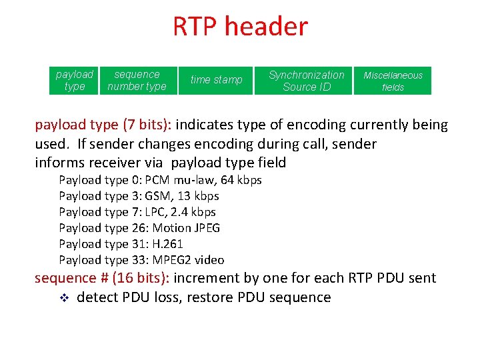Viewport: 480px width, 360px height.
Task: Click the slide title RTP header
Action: (x=240, y=27)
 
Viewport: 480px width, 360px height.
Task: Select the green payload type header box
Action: (x=74, y=81)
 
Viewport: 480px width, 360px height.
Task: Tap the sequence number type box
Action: (x=137, y=81)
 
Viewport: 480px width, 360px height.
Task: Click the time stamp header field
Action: (x=216, y=80)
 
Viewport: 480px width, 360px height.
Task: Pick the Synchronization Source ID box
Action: (x=306, y=81)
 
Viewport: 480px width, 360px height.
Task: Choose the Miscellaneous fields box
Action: (x=393, y=81)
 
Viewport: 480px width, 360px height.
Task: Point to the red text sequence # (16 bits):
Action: (x=104, y=278)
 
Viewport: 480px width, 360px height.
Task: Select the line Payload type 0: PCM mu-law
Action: (x=160, y=180)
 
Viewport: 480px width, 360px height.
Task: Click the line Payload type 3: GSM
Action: (x=139, y=196)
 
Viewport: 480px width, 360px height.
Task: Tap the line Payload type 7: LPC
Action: (x=137, y=212)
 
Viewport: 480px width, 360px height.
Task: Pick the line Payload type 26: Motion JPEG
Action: (x=139, y=228)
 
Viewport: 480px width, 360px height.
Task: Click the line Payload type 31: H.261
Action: (x=121, y=244)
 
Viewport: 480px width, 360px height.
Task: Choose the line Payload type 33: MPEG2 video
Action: (x=141, y=260)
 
